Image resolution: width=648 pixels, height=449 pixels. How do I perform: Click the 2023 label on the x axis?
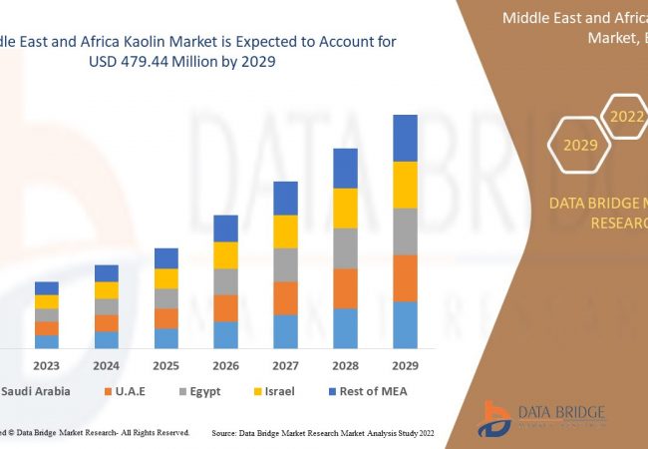(47, 365)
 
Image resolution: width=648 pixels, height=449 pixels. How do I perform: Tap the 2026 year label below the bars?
(226, 365)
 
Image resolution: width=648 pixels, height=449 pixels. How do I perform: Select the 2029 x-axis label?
(405, 365)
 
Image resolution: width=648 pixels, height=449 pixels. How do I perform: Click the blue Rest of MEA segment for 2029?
(405, 138)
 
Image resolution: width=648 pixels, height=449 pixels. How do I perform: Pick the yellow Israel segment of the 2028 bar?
(345, 208)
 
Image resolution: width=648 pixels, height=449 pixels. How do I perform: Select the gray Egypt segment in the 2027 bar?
(286, 264)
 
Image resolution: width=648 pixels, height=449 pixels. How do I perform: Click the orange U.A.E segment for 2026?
(226, 307)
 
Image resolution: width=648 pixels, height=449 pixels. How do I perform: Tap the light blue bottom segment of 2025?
(166, 338)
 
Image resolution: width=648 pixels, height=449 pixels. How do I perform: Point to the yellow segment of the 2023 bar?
(47, 301)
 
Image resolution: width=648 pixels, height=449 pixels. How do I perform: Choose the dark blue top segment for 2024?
(107, 273)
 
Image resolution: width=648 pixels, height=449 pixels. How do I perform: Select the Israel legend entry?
(273, 391)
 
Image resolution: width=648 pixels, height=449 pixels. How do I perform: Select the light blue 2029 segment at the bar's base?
(405, 324)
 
